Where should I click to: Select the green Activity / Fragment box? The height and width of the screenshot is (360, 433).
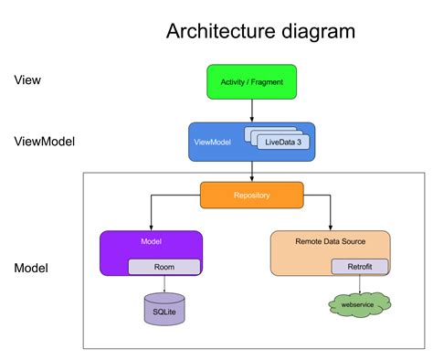click(251, 81)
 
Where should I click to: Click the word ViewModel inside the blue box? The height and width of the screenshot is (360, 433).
click(211, 142)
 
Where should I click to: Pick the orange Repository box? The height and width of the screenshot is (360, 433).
click(251, 195)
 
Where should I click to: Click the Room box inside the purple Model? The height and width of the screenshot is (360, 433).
click(164, 267)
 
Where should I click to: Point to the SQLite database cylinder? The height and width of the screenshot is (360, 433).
click(164, 310)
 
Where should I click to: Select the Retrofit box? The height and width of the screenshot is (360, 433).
click(359, 267)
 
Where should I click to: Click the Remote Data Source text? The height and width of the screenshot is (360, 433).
click(330, 241)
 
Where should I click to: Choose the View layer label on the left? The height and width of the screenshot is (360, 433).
click(27, 80)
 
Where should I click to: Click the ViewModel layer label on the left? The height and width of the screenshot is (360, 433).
click(45, 142)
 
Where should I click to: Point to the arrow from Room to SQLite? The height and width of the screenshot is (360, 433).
click(164, 283)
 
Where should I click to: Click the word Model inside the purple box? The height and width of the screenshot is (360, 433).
click(151, 241)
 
